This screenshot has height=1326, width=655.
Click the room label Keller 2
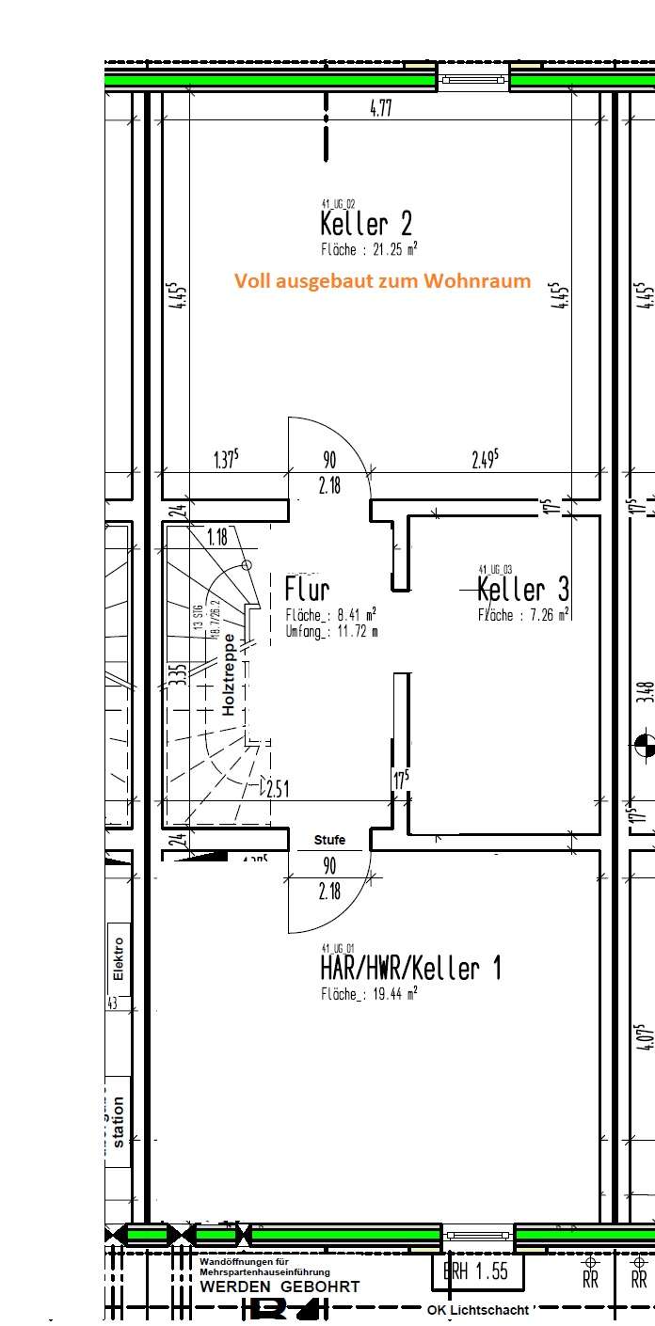click(x=365, y=224)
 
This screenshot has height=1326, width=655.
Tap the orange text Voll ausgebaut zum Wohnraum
click(x=382, y=280)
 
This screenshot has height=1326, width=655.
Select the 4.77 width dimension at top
click(x=380, y=108)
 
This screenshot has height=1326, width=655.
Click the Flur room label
click(x=307, y=590)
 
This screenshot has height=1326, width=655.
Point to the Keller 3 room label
click(x=522, y=590)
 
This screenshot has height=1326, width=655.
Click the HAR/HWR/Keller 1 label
click(x=410, y=968)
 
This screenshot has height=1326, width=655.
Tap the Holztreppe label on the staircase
click(x=229, y=674)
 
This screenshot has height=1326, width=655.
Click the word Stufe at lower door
click(x=329, y=840)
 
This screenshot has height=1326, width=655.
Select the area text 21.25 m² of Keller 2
click(x=369, y=250)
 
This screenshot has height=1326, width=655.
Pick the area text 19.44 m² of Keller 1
click(x=369, y=993)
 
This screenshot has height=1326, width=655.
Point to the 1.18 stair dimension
click(x=217, y=537)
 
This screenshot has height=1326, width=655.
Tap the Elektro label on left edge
click(x=118, y=958)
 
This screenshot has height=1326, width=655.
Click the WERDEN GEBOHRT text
click(x=280, y=1287)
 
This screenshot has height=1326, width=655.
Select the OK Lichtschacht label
click(x=477, y=1309)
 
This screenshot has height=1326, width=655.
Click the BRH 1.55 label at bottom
click(x=476, y=1271)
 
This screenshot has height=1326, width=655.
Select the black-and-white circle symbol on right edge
click(x=646, y=743)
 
